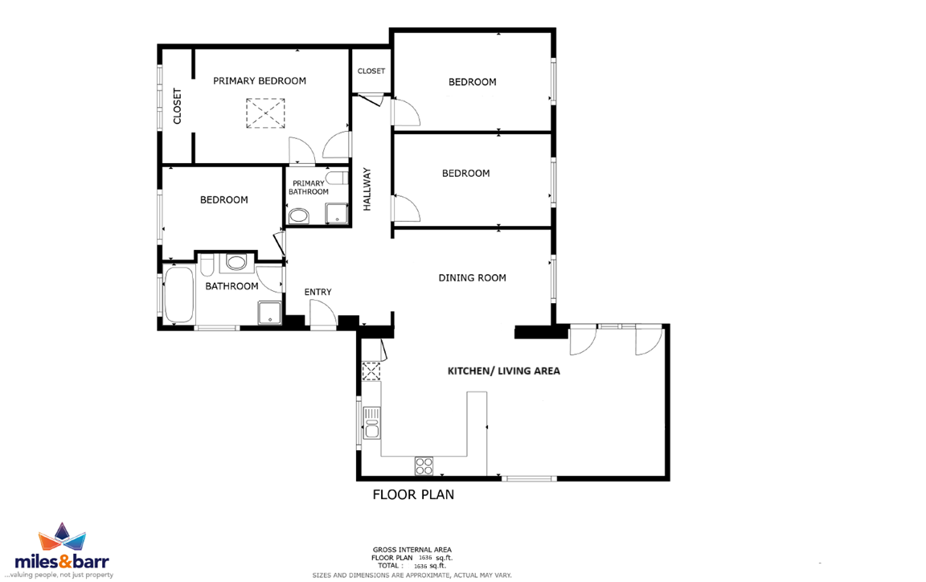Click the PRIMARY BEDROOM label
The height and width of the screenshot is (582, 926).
click(260, 81)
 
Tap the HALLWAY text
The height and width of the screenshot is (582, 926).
click(367, 189)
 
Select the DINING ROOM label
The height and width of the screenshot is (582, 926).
click(472, 277)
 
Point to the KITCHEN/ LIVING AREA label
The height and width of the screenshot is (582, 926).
click(504, 371)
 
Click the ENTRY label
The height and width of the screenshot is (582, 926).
click(318, 292)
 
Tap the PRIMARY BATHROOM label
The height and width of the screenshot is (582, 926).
click(309, 187)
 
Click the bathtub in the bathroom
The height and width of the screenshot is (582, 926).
click(179, 296)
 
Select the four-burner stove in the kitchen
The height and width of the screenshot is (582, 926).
click(424, 465)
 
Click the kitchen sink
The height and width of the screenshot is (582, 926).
click(371, 423)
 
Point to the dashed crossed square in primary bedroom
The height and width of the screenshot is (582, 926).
click(265, 113)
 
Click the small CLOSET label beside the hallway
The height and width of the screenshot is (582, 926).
click(371, 71)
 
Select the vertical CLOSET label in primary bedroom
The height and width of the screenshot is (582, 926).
click(177, 106)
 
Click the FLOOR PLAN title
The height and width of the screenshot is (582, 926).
click(413, 494)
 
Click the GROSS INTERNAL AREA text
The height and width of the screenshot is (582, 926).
click(412, 550)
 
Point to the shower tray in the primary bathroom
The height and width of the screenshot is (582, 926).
click(337, 213)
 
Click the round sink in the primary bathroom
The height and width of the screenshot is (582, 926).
click(299, 215)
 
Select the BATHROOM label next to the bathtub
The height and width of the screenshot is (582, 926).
click(231, 286)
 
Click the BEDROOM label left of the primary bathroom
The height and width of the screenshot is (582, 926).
click(223, 199)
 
